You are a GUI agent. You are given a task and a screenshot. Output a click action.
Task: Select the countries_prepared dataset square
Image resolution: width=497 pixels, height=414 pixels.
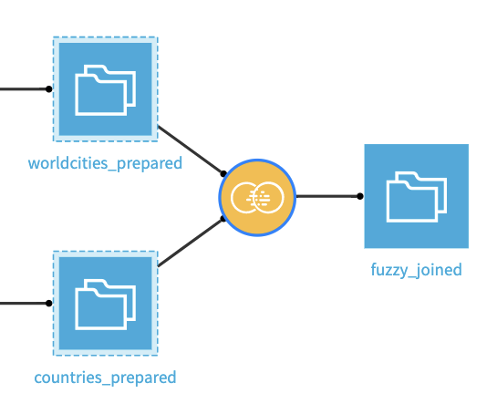(105, 303)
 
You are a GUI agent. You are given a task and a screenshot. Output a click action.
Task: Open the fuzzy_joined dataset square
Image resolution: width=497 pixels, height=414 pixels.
(416, 196)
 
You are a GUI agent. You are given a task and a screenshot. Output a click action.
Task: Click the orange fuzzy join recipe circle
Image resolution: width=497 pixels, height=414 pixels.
(258, 196)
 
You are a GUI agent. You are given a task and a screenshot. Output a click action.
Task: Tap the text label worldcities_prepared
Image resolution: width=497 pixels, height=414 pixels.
(105, 163)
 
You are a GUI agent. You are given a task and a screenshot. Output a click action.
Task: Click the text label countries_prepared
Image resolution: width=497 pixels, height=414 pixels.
(105, 378)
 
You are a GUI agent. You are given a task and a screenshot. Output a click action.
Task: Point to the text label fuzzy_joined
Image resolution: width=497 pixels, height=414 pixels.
(416, 270)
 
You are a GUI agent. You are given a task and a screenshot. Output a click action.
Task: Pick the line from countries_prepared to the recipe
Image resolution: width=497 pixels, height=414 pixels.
(190, 243)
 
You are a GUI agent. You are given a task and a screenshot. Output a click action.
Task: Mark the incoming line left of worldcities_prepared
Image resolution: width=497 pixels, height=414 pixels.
(23, 89)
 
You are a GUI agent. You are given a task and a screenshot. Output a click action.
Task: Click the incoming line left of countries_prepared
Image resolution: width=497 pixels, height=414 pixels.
(23, 303)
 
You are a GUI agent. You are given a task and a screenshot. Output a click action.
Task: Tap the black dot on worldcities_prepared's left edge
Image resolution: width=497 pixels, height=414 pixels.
(49, 89)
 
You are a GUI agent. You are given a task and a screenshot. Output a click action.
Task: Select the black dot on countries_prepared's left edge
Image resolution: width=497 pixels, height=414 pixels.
(49, 303)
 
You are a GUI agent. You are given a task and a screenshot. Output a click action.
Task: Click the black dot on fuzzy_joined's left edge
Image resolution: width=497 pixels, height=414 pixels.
(360, 196)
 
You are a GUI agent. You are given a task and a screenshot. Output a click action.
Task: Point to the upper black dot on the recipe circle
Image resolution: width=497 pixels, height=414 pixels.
(223, 173)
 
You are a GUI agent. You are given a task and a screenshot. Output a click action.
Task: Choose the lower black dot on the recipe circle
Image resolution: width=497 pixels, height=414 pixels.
(223, 219)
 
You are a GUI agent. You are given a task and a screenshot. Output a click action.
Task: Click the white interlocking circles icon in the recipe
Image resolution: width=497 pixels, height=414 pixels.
(258, 196)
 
